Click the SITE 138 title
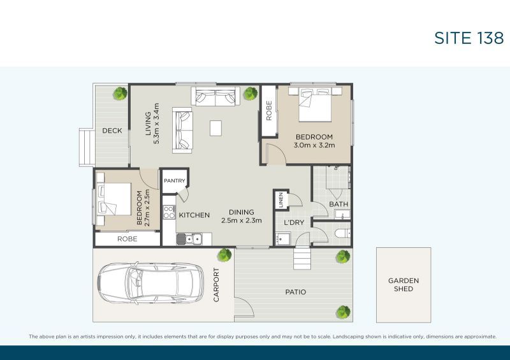point(469,38)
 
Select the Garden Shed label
point(404,285)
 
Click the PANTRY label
point(174,181)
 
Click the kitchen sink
point(189,240)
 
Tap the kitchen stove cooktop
point(169,211)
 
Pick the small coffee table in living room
point(217,128)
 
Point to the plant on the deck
point(119,94)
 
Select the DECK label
point(112,131)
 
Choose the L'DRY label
point(293,222)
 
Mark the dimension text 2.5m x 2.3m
point(242,221)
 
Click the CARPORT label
point(216,285)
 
